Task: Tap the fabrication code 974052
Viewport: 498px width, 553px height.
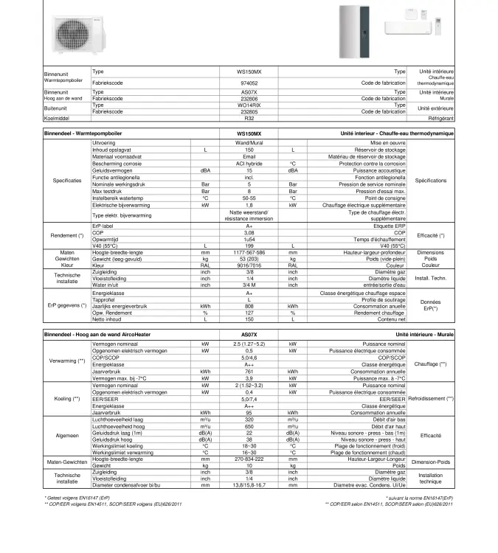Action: pos(249,83)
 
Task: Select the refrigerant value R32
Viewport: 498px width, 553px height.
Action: pos(249,118)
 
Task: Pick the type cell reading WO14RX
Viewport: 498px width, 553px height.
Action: pos(249,105)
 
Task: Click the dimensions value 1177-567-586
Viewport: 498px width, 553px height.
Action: pos(249,252)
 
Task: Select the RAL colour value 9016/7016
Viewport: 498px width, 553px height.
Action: pos(249,265)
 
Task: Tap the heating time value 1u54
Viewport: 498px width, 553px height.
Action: pos(249,239)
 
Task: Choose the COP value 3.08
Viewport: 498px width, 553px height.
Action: pos(249,233)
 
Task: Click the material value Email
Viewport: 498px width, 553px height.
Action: pos(249,156)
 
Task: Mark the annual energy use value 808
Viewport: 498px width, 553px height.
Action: pos(249,306)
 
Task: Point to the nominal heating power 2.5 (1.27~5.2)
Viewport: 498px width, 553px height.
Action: pos(249,344)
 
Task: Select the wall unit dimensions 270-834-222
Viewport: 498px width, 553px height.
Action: pos(249,459)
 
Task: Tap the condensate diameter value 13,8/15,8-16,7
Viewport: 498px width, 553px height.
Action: pos(249,486)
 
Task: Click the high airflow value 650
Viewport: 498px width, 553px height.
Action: pos(249,426)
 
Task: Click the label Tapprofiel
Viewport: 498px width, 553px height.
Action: pos(104,299)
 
